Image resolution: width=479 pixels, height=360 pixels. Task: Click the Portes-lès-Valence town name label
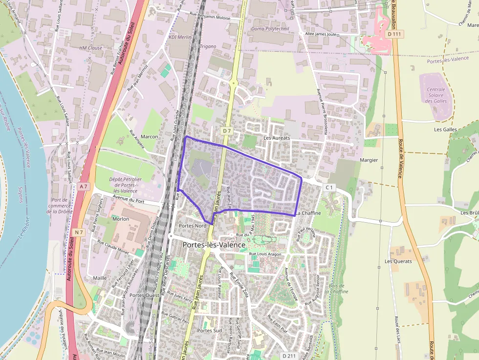pyautogui.click(x=214, y=245)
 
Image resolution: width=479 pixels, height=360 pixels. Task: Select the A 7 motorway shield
pyautogui.click(x=84, y=186)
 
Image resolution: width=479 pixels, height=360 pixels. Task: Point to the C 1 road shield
pyautogui.click(x=329, y=187)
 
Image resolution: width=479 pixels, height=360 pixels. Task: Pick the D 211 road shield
pyautogui.click(x=290, y=356)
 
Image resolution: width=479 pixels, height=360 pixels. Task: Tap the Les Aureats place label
pyautogui.click(x=277, y=138)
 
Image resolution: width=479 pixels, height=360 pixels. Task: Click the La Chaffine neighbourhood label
pyautogui.click(x=308, y=213)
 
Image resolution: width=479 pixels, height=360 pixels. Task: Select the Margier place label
pyautogui.click(x=370, y=160)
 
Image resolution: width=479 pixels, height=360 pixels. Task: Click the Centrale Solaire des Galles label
pyautogui.click(x=436, y=95)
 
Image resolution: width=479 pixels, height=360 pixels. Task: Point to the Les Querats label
pyautogui.click(x=398, y=261)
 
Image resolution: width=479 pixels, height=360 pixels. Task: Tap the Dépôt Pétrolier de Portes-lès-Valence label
pyautogui.click(x=125, y=185)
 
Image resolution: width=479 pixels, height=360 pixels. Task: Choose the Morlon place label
pyautogui.click(x=121, y=219)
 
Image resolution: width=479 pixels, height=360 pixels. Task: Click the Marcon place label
pyautogui.click(x=150, y=137)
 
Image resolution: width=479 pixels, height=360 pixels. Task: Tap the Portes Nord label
pyautogui.click(x=193, y=226)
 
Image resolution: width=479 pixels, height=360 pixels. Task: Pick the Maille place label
pyautogui.click(x=100, y=278)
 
